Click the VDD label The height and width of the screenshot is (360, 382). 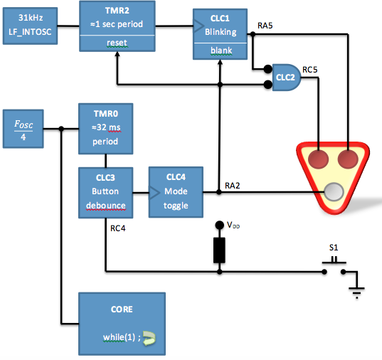click(x=231, y=226)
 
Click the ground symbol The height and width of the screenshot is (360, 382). click(x=356, y=289)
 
